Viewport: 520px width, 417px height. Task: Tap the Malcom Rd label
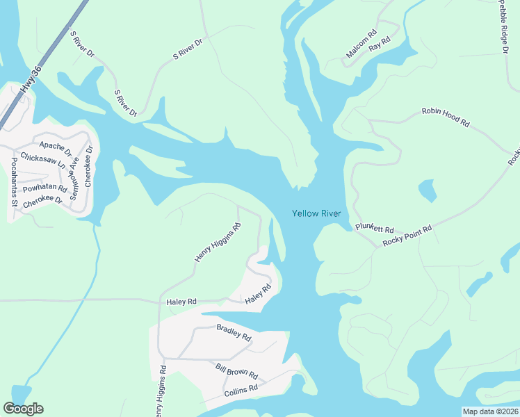tap(361, 44)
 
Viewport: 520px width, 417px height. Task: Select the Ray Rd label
tap(380, 44)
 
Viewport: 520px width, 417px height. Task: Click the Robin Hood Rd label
tap(446, 116)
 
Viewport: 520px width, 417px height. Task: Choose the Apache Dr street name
tap(56, 146)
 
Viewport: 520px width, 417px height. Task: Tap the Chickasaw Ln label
tap(42, 162)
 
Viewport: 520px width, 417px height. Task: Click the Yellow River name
tap(316, 213)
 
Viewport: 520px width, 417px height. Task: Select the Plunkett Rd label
tap(375, 229)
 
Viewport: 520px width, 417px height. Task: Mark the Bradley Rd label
tap(234, 332)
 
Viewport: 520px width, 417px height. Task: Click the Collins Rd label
tap(241, 391)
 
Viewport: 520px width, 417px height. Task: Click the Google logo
tap(23, 409)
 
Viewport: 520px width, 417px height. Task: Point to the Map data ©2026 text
tap(490, 411)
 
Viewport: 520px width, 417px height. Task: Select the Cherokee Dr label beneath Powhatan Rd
tap(43, 199)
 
